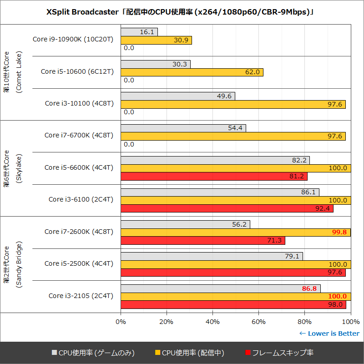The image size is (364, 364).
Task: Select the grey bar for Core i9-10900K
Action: tap(139, 32)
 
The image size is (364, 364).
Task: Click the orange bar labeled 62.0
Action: tap(191, 72)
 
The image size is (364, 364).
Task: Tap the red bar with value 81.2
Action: tap(214, 177)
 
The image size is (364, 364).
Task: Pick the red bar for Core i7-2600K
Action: tap(202, 241)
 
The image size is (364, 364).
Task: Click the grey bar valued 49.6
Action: tap(177, 96)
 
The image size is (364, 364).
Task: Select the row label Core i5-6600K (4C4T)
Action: tap(79, 167)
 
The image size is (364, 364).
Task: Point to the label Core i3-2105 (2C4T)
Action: tap(81, 296)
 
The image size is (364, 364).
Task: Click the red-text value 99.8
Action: tap(339, 233)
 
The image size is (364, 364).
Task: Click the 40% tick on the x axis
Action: tap(212, 322)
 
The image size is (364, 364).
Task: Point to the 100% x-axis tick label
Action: tap(350, 322)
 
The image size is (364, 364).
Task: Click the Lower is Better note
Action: tap(329, 334)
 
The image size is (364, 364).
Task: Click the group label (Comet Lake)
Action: tap(19, 72)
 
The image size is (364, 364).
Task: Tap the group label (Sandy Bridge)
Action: tap(19, 264)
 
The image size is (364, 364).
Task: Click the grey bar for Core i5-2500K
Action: tap(212, 256)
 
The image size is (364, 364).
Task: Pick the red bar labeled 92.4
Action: tap(227, 208)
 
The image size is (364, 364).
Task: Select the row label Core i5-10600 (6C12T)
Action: tap(77, 71)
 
